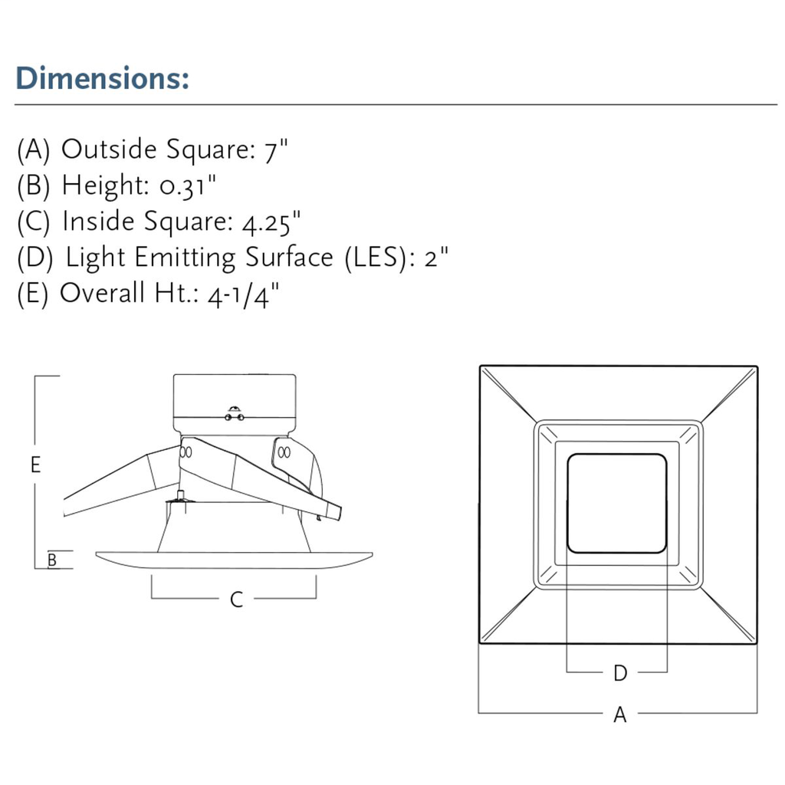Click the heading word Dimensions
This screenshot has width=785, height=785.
[x=102, y=78]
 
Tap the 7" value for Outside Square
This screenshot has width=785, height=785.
[x=276, y=149]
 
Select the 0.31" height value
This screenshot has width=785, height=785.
[x=188, y=186]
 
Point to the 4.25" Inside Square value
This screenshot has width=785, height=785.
[x=271, y=222]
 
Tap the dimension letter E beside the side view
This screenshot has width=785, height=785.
[x=35, y=465]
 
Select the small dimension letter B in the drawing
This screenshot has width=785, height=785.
[x=52, y=560]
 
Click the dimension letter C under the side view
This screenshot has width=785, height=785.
[x=236, y=599]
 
